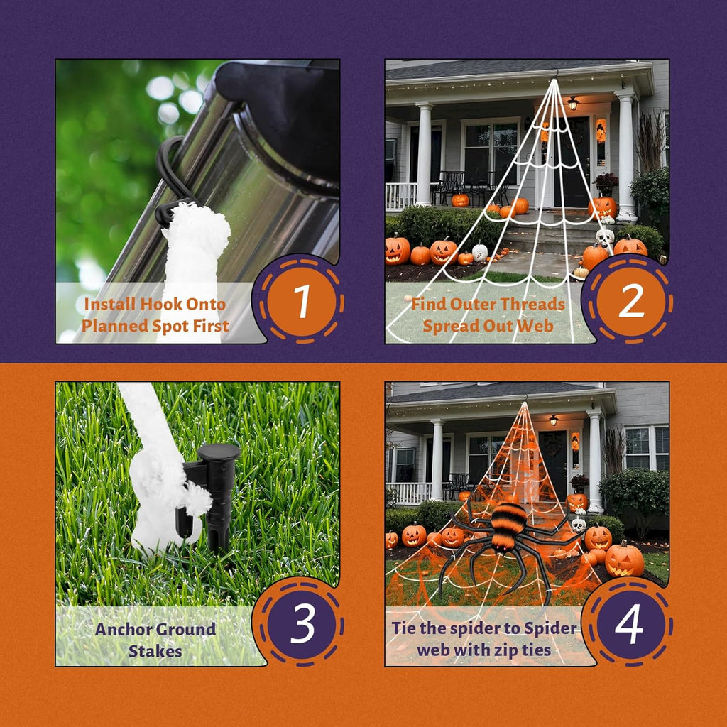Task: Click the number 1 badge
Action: tap(301, 302)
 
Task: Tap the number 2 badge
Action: tap(630, 302)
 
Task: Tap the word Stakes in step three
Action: tap(155, 651)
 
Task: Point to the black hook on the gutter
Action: tap(172, 181)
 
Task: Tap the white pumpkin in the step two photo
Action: tap(480, 253)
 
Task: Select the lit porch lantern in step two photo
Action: tap(573, 104)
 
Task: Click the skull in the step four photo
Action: tap(578, 525)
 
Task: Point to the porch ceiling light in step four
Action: tap(553, 420)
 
